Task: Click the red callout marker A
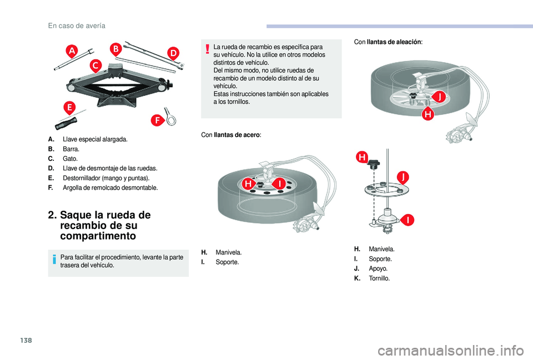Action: click(72, 52)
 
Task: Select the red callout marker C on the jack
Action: click(95, 67)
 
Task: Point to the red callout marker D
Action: click(174, 53)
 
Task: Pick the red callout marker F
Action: click(158, 120)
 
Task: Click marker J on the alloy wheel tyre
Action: click(440, 98)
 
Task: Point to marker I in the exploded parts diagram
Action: click(408, 220)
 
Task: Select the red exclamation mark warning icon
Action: click(208, 49)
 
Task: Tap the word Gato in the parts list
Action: click(70, 159)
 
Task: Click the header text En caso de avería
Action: click(77, 26)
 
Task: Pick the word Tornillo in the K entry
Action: click(379, 278)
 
